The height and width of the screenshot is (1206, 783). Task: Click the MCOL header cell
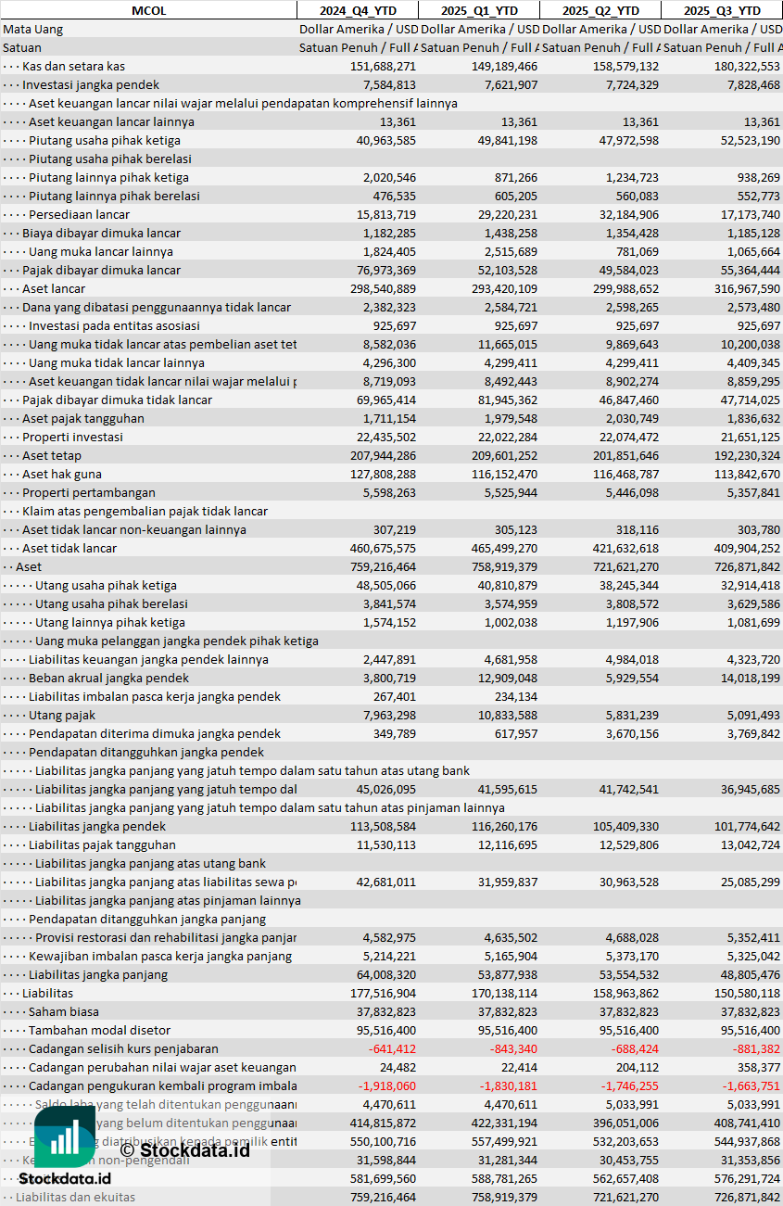pos(148,10)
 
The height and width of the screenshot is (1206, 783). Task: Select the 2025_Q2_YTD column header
pos(600,10)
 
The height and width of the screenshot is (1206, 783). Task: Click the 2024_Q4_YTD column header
pos(357,10)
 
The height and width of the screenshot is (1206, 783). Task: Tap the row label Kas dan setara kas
pos(73,66)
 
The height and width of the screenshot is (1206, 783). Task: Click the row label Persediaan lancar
pos(79,214)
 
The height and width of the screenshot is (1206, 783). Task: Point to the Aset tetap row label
pos(52,455)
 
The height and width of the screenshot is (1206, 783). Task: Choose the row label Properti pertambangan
pos(89,492)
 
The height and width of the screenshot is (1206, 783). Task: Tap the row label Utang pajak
pos(62,715)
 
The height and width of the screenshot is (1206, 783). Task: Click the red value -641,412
pos(389,1048)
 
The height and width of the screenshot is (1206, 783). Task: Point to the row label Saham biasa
pos(64,1011)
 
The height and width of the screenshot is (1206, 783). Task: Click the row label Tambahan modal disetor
pos(100,1030)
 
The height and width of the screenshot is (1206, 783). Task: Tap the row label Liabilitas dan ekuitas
pos(75,1197)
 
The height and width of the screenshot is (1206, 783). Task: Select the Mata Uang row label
pos(33,29)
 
